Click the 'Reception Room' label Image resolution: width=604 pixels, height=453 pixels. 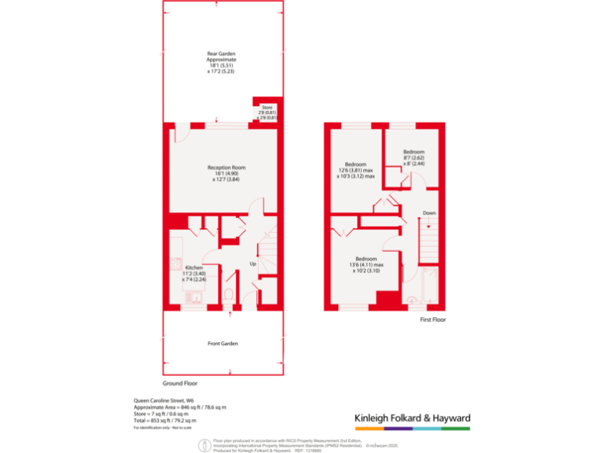226,168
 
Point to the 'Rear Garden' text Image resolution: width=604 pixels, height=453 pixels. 221,53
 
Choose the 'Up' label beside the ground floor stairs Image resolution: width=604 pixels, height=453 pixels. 253,263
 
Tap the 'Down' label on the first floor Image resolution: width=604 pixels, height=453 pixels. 429,213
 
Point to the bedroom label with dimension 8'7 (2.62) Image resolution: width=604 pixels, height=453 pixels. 414,152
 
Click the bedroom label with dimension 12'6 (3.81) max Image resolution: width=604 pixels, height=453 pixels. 355,164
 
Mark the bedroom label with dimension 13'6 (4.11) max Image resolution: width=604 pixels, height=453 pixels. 365,259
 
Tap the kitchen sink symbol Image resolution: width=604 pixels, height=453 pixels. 193,296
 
